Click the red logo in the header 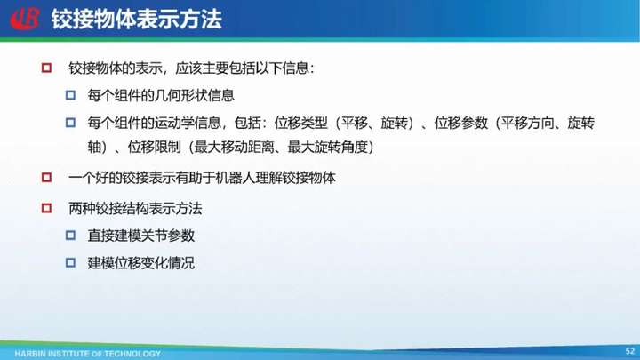click(x=25, y=19)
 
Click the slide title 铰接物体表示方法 click(x=136, y=20)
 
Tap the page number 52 click(x=630, y=351)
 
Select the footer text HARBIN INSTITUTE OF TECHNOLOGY click(x=88, y=354)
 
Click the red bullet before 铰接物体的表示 click(x=46, y=68)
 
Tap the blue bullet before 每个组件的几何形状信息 click(x=70, y=95)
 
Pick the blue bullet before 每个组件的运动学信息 click(x=70, y=123)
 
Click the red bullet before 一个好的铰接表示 click(x=46, y=178)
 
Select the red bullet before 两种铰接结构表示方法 click(x=46, y=209)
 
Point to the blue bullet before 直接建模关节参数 click(x=70, y=236)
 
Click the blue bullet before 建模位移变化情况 click(x=70, y=263)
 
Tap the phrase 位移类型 click(x=300, y=123)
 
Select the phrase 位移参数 click(x=460, y=123)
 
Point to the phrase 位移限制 click(x=155, y=147)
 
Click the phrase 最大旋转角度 click(x=328, y=147)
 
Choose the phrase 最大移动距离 click(x=235, y=147)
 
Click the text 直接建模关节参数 click(x=140, y=236)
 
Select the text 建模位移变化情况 click(x=140, y=263)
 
